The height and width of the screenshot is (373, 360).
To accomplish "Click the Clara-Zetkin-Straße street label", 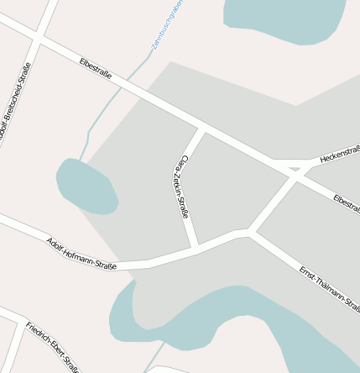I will [184, 186].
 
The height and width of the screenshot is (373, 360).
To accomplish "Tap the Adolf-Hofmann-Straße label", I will [81, 253].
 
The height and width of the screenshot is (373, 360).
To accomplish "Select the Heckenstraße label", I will [340, 154].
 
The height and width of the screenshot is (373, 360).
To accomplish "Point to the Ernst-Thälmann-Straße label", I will [329, 290].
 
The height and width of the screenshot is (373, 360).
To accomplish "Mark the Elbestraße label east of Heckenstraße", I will [346, 202].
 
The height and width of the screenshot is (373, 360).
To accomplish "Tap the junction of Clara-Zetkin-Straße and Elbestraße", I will [201, 129].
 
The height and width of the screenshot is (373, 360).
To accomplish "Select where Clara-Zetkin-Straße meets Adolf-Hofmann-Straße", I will [195, 249].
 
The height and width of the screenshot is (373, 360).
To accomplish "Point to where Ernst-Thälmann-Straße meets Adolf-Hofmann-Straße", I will [250, 230].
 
